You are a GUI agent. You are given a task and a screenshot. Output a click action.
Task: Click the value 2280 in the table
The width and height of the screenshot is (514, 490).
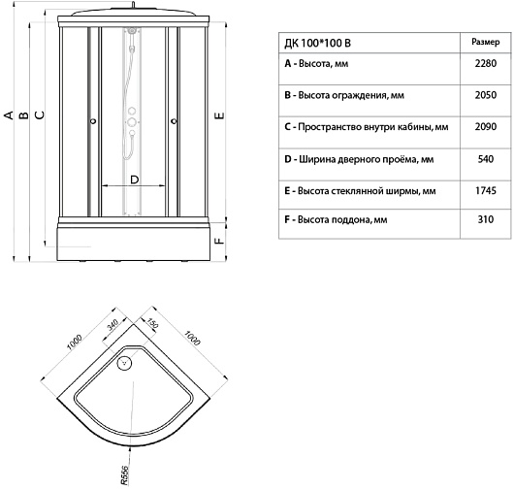(x=486, y=63)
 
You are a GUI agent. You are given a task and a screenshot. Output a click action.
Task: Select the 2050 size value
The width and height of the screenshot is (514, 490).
(x=486, y=95)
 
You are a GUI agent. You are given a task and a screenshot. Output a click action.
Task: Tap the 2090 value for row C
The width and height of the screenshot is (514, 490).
(x=486, y=126)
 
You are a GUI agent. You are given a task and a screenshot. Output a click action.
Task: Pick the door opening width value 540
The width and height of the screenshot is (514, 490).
(x=486, y=159)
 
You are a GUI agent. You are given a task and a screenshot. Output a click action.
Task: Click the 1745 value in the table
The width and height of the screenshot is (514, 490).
(x=486, y=190)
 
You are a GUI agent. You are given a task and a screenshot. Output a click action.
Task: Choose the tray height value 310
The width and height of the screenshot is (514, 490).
(x=486, y=219)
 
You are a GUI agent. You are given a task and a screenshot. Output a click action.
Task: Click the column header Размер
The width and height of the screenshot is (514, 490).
(x=486, y=42)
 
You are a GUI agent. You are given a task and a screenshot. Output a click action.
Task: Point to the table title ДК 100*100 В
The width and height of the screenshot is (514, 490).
(x=317, y=44)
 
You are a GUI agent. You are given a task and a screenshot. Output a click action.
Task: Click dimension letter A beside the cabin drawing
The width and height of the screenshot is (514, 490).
(x=9, y=115)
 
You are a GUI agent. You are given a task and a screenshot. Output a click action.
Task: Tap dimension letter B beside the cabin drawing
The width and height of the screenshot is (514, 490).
(x=23, y=115)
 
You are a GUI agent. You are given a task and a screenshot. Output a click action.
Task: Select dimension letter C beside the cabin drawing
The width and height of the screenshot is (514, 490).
(x=39, y=114)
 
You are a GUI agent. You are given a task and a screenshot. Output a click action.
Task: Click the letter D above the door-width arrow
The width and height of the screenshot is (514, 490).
(x=135, y=180)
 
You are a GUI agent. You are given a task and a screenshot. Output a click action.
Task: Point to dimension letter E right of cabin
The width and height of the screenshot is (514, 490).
(x=219, y=115)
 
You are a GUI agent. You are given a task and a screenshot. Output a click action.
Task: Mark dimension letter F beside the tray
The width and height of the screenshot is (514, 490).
(x=219, y=241)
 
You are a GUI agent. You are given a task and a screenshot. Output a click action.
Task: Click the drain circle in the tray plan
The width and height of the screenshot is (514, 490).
(x=124, y=363)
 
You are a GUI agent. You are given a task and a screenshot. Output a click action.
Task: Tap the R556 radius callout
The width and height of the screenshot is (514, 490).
(x=125, y=474)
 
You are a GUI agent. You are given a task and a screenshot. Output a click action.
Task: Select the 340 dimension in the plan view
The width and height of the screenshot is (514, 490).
(x=112, y=325)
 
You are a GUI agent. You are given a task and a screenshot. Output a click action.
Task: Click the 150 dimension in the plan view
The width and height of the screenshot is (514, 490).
(x=152, y=323)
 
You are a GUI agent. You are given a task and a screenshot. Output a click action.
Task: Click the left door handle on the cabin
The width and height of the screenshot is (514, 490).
(x=93, y=121)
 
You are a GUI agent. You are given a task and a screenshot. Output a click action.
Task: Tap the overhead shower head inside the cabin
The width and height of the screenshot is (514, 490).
(x=132, y=30)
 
